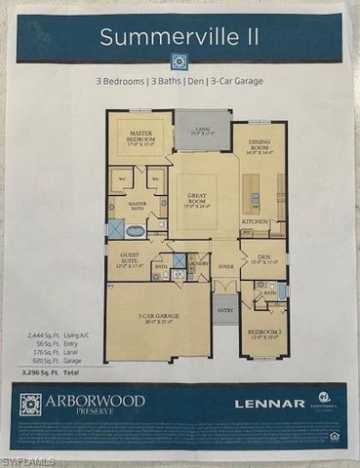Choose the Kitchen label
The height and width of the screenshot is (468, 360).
tap(255, 221)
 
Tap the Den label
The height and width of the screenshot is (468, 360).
tap(260, 258)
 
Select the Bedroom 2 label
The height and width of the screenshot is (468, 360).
tap(260, 333)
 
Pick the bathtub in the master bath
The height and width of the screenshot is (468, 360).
tap(137, 231)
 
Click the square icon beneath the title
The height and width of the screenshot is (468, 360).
tap(179, 59)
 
